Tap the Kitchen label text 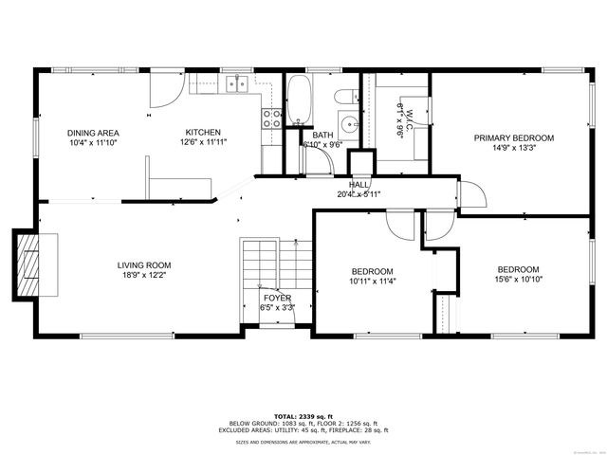203,133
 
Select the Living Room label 144,265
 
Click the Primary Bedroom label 513,137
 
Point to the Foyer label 277,298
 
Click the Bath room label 322,136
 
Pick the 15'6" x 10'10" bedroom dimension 518,280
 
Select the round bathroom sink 349,123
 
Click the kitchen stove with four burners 272,118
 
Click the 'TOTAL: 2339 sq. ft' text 303,416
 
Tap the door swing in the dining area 165,90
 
